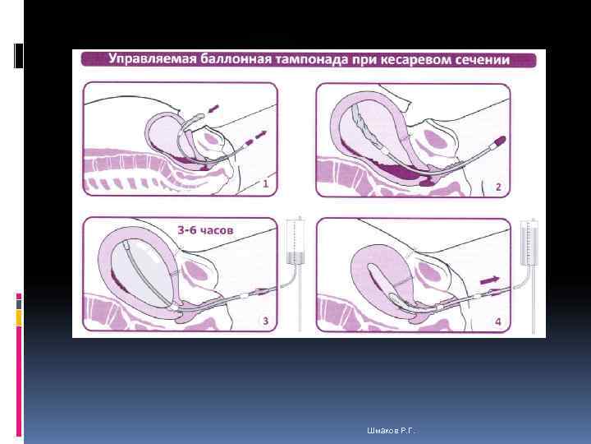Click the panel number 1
pos(265,184)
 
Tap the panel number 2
pos(498,187)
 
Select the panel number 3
pos(265,321)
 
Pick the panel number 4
pos(498,321)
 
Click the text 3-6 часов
pos(205,230)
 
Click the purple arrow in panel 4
pos(489,280)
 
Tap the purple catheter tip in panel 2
pos(499,142)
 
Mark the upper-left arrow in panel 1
pos(213,109)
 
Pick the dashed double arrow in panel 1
pos(256,138)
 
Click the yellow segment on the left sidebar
pos(19,317)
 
